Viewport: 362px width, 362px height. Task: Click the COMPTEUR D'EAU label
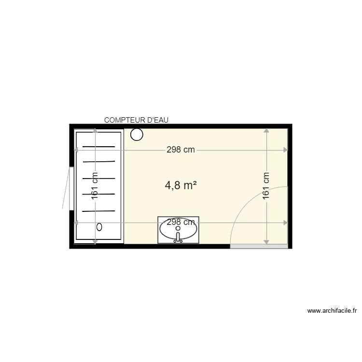pos(137,120)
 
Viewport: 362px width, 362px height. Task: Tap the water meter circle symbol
pos(137,135)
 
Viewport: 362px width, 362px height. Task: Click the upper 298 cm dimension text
pos(181,150)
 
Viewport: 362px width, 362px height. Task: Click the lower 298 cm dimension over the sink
pos(181,222)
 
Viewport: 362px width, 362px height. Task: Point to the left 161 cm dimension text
pos(95,186)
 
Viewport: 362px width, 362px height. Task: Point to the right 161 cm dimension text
pos(266,186)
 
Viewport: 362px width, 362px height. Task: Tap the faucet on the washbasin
pos(178,237)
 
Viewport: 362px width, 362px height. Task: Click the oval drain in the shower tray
pos(100,226)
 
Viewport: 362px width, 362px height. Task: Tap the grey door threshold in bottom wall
pos(259,247)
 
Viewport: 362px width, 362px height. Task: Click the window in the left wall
pos(71,188)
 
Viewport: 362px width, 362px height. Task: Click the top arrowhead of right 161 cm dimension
pos(266,130)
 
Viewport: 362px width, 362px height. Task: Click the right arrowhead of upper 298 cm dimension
pos(286,150)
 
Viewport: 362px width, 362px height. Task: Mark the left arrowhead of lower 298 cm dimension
pos(76,223)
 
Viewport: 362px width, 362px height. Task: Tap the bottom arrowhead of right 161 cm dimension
pos(266,241)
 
